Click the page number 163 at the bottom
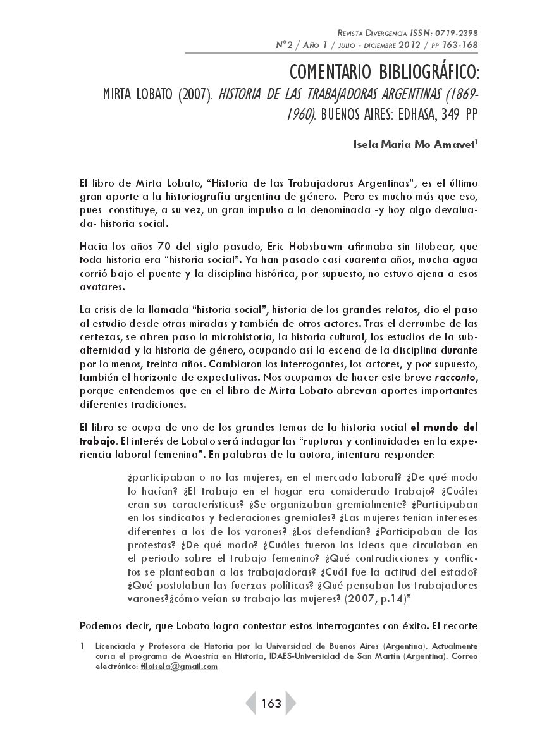pyautogui.click(x=271, y=704)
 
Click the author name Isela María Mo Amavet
pyautogui.click(x=414, y=144)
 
